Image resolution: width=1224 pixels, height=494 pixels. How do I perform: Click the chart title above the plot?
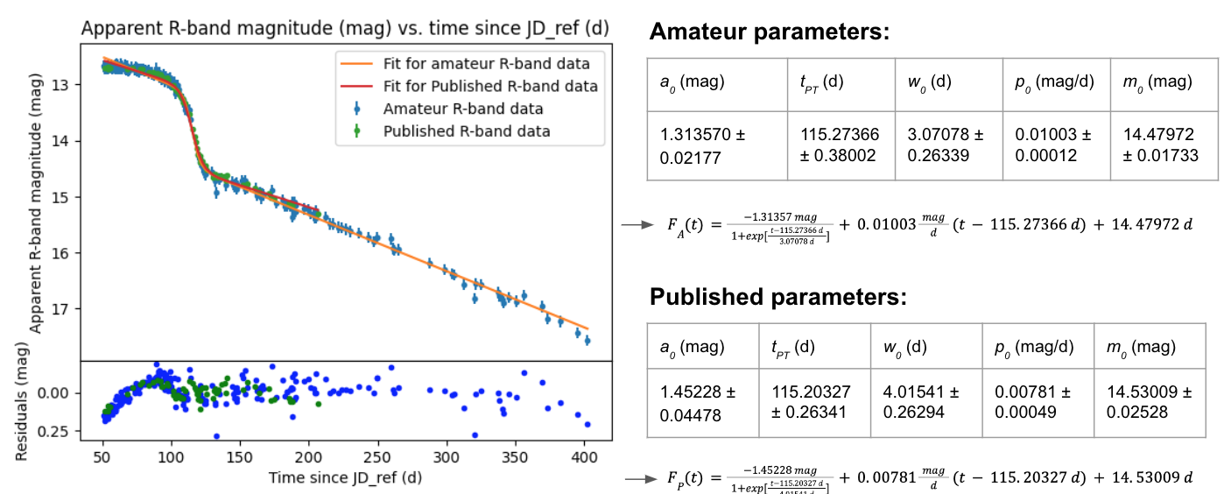(x=345, y=28)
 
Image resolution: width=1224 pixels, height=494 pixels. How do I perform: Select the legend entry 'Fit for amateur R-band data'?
(x=486, y=64)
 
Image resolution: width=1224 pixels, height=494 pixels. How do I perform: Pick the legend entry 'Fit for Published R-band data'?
(x=490, y=86)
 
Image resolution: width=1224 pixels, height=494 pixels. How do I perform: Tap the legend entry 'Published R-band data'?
(x=467, y=131)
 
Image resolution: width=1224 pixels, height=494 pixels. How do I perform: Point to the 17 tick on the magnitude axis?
(x=69, y=309)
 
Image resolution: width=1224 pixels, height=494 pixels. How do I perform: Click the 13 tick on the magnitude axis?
(x=69, y=85)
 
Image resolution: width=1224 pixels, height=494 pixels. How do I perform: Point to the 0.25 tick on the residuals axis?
(x=63, y=432)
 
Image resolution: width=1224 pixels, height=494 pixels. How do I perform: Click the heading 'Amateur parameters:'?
(x=770, y=33)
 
